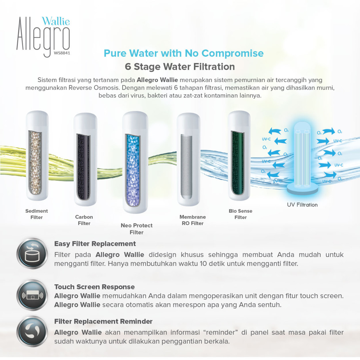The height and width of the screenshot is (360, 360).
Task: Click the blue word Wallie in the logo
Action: (56, 21)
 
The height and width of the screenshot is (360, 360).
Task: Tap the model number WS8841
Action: (62, 52)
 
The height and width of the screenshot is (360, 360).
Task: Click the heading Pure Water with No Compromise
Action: (184, 53)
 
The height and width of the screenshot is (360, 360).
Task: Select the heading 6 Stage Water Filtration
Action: (180, 67)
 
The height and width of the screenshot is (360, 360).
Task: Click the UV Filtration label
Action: (302, 205)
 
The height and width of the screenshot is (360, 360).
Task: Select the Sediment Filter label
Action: (37, 214)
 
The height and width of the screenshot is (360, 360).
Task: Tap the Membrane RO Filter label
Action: (193, 220)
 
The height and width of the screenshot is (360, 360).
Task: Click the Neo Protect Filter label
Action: (137, 229)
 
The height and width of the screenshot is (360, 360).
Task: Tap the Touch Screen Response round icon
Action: (32, 295)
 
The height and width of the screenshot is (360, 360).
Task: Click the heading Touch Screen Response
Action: (94, 287)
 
